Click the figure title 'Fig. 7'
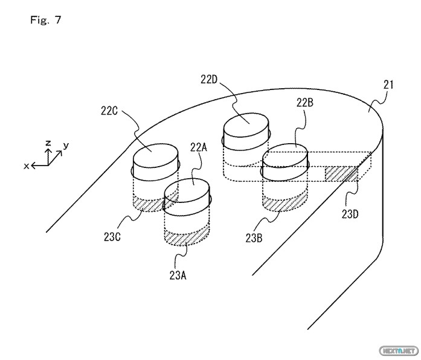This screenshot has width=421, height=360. point(46,20)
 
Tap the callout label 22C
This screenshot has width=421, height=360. point(109,111)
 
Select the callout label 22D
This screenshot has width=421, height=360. point(208,80)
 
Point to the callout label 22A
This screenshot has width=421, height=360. point(198,147)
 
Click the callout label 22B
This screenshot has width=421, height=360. point(305,103)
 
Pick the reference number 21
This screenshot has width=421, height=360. point(388,85)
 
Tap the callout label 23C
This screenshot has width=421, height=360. point(112,237)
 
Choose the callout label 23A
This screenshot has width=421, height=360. point(178,275)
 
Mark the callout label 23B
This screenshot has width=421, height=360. point(254,238)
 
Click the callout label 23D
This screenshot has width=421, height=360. point(350,214)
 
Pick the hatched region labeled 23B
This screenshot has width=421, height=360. point(284,203)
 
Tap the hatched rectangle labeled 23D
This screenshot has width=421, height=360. point(341,173)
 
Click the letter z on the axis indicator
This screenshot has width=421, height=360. point(48,143)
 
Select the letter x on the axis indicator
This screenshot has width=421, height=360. point(27,166)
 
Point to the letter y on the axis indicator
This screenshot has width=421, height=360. point(66,146)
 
